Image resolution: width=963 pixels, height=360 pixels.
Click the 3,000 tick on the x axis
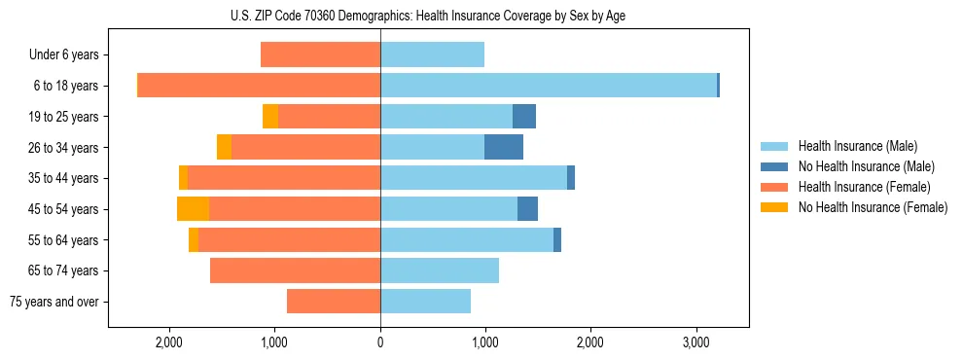coord(695,343)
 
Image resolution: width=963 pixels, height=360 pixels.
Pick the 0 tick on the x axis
coord(380,343)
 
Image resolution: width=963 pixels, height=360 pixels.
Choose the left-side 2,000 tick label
coord(169,343)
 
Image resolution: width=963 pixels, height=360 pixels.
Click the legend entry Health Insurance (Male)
coord(857,146)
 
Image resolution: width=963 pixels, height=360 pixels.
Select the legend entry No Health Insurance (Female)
coord(873,207)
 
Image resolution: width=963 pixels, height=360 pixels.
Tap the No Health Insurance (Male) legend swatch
coord(774,166)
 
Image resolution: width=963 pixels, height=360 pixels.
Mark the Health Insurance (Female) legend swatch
coord(774,187)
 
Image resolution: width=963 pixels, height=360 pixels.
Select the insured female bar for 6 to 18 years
coord(259,86)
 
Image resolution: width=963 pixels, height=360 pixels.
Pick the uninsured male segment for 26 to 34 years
coord(504,147)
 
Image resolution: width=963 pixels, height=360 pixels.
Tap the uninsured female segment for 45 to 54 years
coord(193,209)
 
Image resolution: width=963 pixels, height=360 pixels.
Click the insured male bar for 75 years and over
coord(425,302)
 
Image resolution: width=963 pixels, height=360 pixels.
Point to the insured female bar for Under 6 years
coord(320,54)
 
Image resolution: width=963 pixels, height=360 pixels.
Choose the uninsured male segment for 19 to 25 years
coord(524,117)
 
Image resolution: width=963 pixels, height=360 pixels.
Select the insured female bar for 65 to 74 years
coord(295,270)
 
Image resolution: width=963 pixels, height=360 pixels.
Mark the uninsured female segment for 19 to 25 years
coord(270,117)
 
